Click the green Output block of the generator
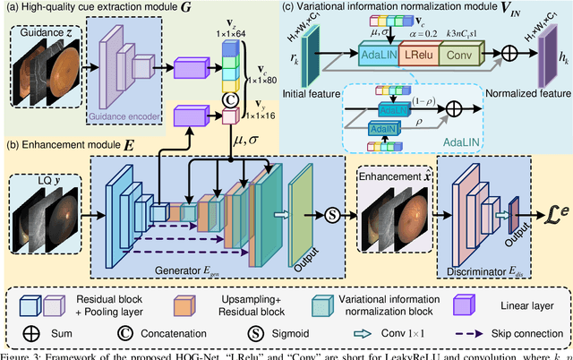click(x=302, y=215)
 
